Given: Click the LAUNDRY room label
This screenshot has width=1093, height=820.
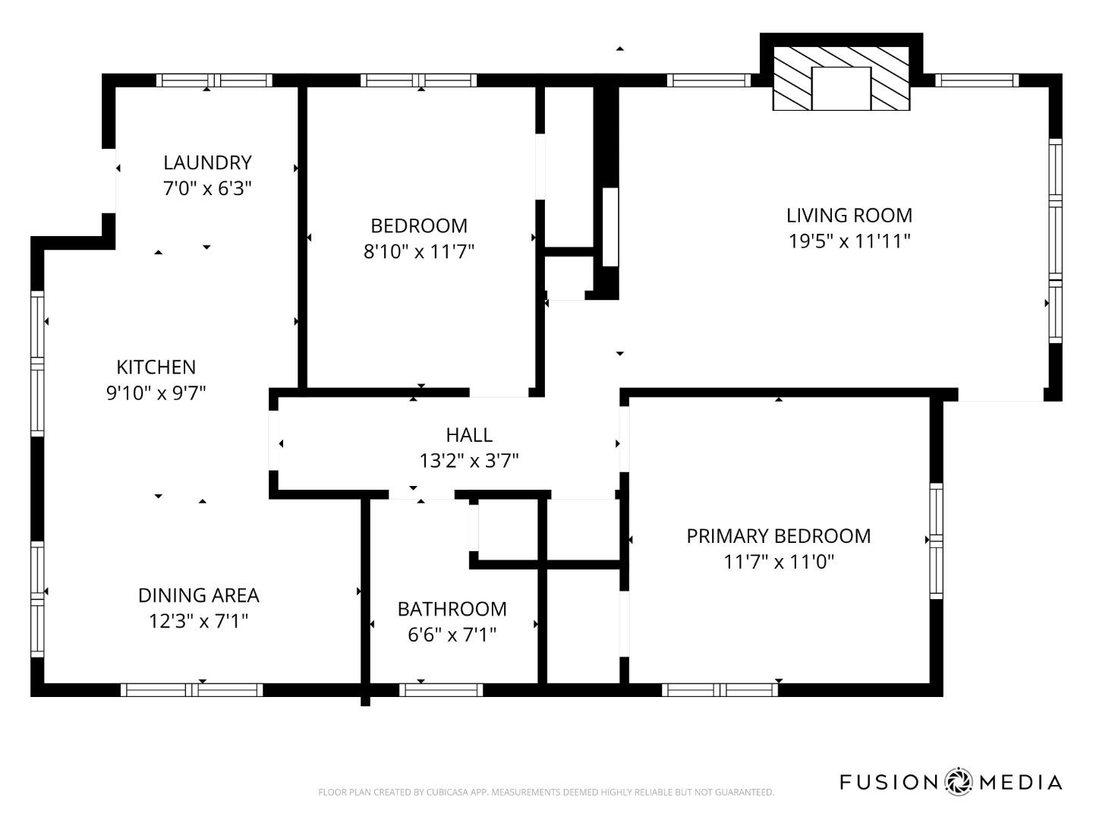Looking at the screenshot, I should [207, 162].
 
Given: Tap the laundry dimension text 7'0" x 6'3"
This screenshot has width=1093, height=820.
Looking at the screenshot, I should [207, 188].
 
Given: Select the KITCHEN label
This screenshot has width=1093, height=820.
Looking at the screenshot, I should [156, 367].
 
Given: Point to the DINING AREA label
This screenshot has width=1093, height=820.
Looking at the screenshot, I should [198, 595].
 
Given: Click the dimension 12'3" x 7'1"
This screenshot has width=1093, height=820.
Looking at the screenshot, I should [198, 622].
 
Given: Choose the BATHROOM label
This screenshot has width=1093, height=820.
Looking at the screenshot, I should [452, 609].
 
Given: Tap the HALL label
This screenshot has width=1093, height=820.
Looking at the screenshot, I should [468, 435].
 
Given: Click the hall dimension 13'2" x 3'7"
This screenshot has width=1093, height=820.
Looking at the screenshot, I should [468, 461].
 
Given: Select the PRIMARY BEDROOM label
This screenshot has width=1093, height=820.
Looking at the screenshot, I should [778, 536].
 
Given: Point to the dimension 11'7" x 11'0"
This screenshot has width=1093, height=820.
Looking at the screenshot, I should [778, 562].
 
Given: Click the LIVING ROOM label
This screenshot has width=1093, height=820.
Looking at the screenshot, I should [849, 216].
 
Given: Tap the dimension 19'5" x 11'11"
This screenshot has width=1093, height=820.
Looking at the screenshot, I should [849, 241].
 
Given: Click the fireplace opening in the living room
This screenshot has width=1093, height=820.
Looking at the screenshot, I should [840, 89].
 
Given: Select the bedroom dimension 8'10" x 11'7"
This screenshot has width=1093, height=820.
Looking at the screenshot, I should [418, 251].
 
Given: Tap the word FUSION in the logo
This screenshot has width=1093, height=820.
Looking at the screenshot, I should [888, 782].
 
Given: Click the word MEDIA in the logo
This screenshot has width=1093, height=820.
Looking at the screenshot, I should [1020, 782].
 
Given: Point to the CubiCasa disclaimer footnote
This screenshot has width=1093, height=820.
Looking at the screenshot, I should [546, 793].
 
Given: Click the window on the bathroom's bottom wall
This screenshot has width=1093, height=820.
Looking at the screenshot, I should [441, 689].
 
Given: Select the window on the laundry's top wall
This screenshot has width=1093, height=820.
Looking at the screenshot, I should [214, 80].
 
